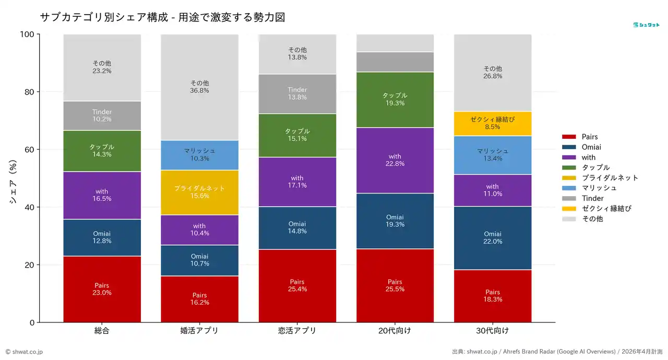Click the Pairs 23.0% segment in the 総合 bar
pyautogui.click(x=102, y=289)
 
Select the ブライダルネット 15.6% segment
pyautogui.click(x=199, y=192)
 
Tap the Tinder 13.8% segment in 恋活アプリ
pyautogui.click(x=297, y=94)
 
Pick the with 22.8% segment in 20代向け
pyautogui.click(x=395, y=160)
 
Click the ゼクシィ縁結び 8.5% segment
pyautogui.click(x=493, y=123)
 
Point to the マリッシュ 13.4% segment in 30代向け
pyautogui.click(x=493, y=155)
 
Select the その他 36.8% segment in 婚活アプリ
pyautogui.click(x=199, y=87)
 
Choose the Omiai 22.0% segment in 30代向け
pyautogui.click(x=493, y=238)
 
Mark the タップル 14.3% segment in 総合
pyautogui.click(x=102, y=151)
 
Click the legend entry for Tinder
pyautogui.click(x=592, y=198)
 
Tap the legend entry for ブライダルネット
pyautogui.click(x=610, y=178)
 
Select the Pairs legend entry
pyautogui.click(x=589, y=137)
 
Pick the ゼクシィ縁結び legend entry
pyautogui.click(x=606, y=209)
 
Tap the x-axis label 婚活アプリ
pyautogui.click(x=199, y=331)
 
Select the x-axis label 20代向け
pyautogui.click(x=395, y=331)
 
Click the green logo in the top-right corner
pyautogui.click(x=646, y=25)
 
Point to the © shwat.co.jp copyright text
pyautogui.click(x=25, y=352)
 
